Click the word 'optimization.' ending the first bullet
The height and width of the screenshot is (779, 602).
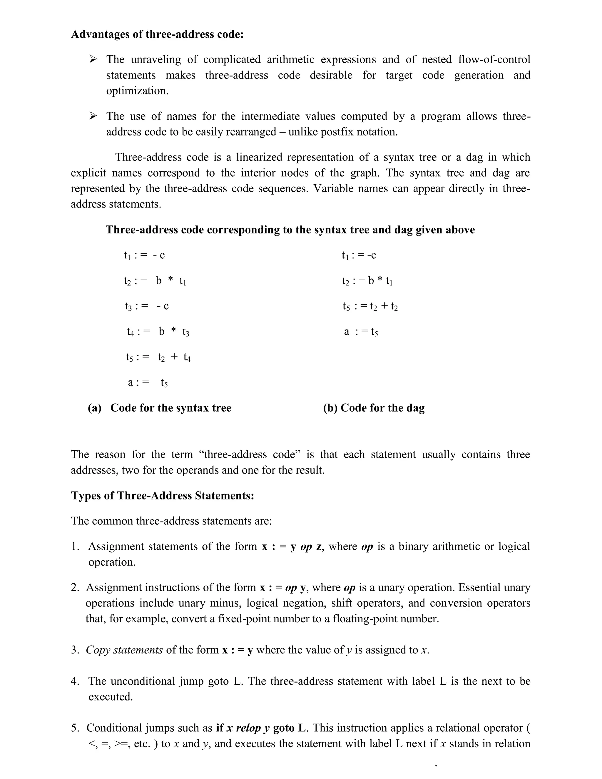pos(137,91)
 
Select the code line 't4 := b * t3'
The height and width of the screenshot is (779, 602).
pos(158,332)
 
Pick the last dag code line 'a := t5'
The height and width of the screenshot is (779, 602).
pos(361,332)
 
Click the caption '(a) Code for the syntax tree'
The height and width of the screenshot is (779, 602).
pos(159,408)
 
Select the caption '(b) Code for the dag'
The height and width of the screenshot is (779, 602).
pos(373,408)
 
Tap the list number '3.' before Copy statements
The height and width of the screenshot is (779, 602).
pos(75,650)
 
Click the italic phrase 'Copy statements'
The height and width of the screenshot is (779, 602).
pos(124,650)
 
